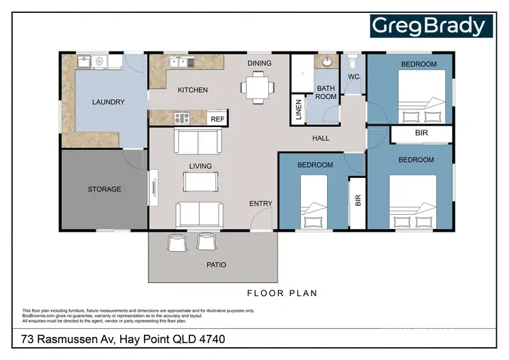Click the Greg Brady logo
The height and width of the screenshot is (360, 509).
click(x=430, y=26)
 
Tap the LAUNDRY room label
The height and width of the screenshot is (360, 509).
click(x=109, y=103)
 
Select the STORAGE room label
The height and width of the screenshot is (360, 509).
click(x=105, y=189)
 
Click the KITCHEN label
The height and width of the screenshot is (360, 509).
click(x=193, y=90)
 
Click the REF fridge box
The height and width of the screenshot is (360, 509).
click(x=217, y=119)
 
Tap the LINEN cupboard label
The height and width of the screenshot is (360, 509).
click(x=299, y=111)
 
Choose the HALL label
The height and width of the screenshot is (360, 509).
click(x=321, y=139)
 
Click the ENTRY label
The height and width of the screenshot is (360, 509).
click(x=261, y=203)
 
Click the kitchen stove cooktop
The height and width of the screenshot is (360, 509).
click(x=182, y=118)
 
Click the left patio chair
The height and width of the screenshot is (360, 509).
click(x=176, y=242)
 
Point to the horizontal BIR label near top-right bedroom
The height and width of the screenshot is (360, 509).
click(x=420, y=134)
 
